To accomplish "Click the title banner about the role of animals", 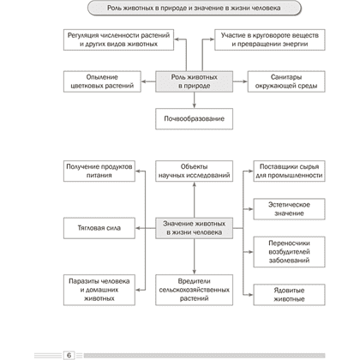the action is tap(195, 8).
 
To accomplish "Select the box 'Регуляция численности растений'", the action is tap(118, 39).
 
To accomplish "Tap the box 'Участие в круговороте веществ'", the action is tap(270, 39).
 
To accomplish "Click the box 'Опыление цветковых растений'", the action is tap(102, 81).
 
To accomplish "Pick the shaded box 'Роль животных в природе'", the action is tap(194, 81).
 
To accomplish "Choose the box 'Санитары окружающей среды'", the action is tap(286, 81).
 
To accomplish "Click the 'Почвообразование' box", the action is tap(194, 118).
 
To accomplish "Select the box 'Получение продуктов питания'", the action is tap(99, 171).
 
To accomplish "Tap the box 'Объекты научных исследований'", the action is tap(194, 171).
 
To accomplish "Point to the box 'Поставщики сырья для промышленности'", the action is tap(289, 171).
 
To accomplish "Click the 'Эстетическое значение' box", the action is tap(289, 209).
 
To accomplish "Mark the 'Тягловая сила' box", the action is tap(99, 228).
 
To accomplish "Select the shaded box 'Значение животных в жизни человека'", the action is tap(194, 228).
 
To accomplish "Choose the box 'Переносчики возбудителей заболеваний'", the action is tap(289, 252).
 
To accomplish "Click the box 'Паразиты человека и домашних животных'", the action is tap(99, 290).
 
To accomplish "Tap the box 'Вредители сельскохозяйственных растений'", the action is tap(194, 290).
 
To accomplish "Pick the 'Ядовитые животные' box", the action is tap(289, 295).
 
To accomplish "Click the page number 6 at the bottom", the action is tap(69, 355).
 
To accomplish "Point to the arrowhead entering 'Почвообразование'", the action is tap(195, 105).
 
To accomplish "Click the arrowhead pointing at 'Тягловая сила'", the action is tap(138, 228).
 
